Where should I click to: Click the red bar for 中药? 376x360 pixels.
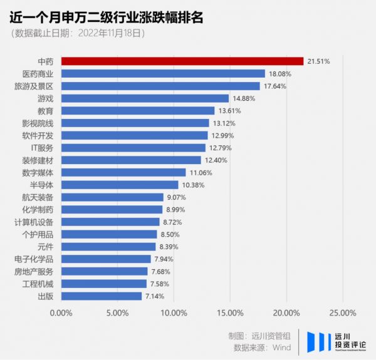pyautogui.click(x=182, y=61)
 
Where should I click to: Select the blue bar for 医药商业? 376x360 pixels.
pyautogui.click(x=163, y=74)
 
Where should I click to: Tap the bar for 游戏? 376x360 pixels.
pyautogui.click(x=145, y=98)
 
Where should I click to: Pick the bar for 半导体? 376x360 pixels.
pyautogui.click(x=120, y=185)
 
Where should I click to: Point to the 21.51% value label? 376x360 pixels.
pyautogui.click(x=318, y=61)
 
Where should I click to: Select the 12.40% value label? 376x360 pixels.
pyautogui.click(x=216, y=160)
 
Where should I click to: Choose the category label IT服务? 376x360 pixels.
pyautogui.click(x=42, y=148)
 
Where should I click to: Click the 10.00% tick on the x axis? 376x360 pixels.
pyautogui.click(x=174, y=313)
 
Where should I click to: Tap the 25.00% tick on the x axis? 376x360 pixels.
pyautogui.click(x=343, y=313)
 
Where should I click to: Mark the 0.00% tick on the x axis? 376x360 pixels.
pyautogui.click(x=61, y=313)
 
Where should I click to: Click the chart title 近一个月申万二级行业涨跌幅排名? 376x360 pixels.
pyautogui.click(x=107, y=17)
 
